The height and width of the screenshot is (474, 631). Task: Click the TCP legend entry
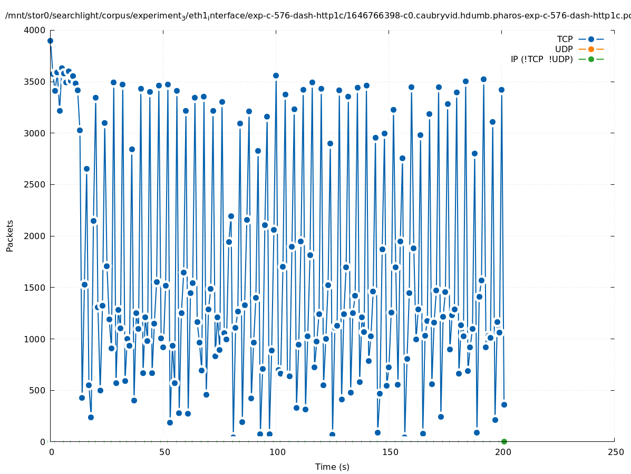pyautogui.click(x=565, y=39)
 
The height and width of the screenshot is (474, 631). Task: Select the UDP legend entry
pyautogui.click(x=564, y=49)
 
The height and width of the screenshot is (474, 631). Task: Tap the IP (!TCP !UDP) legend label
pyautogui.click(x=541, y=59)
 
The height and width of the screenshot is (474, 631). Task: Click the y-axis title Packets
pyautogui.click(x=10, y=235)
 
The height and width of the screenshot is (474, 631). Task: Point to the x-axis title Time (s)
pyautogui.click(x=332, y=467)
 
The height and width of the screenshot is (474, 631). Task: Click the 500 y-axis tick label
pyautogui.click(x=38, y=390)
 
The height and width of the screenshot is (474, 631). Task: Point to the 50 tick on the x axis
pyautogui.click(x=163, y=452)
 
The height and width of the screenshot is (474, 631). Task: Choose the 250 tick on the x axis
pyautogui.click(x=615, y=452)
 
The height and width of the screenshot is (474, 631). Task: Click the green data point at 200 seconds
pyautogui.click(x=504, y=441)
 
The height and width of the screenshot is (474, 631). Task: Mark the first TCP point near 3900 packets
pyautogui.click(x=50, y=41)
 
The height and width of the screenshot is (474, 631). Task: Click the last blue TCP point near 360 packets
pyautogui.click(x=504, y=404)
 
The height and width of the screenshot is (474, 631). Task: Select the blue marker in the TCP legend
pyautogui.click(x=591, y=39)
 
